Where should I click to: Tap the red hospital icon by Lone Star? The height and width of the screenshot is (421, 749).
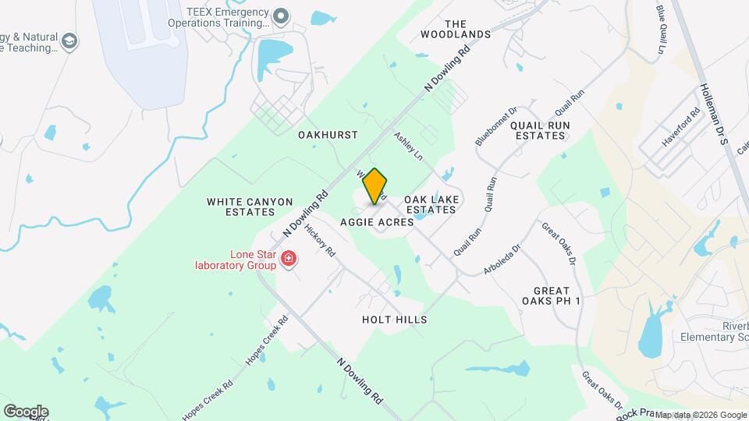[289, 258]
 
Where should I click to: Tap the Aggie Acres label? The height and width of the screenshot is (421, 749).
[377, 222]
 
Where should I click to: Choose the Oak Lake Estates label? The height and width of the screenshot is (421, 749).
[430, 204]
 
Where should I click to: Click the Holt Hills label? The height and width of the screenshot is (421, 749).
[395, 320]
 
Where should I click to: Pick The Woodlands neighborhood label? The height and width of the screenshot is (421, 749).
[456, 28]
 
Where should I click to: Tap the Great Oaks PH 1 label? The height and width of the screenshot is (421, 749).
[552, 295]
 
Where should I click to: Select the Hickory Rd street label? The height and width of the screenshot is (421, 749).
[320, 241]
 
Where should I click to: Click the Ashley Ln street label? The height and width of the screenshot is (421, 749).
[407, 146]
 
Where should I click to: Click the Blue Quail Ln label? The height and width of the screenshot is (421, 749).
[662, 30]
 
